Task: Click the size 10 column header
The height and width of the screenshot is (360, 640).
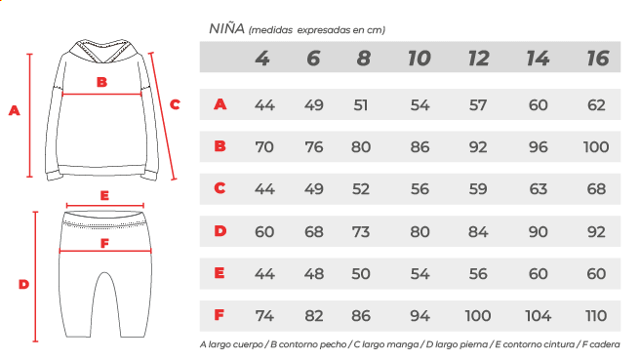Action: tap(420, 59)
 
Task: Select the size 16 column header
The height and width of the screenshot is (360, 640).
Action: tap(598, 59)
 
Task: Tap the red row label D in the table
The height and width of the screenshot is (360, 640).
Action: tap(220, 231)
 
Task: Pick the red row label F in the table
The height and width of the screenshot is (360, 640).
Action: tap(220, 315)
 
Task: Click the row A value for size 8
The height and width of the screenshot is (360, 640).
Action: tap(361, 105)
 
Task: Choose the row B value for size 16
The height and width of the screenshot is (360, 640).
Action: tap(596, 147)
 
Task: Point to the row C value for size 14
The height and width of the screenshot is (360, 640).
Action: tap(538, 189)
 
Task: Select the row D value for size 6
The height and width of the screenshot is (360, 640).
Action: tap(314, 232)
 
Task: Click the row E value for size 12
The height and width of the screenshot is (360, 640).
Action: tap(478, 273)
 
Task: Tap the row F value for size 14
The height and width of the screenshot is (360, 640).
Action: tap(538, 315)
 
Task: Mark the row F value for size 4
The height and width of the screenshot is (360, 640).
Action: tap(264, 315)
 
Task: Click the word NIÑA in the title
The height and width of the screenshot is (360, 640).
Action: tap(227, 28)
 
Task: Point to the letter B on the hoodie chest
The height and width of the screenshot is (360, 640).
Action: tap(101, 83)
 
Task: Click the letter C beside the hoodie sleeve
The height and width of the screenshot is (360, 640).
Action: tap(175, 104)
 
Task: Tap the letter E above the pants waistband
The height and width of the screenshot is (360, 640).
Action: tap(104, 195)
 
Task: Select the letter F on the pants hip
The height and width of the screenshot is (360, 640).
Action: tap(105, 243)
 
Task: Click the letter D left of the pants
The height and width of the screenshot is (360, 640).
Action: tap(23, 284)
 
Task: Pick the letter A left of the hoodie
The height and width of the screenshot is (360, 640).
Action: tap(15, 110)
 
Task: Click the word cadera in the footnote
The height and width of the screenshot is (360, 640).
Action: tap(605, 344)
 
